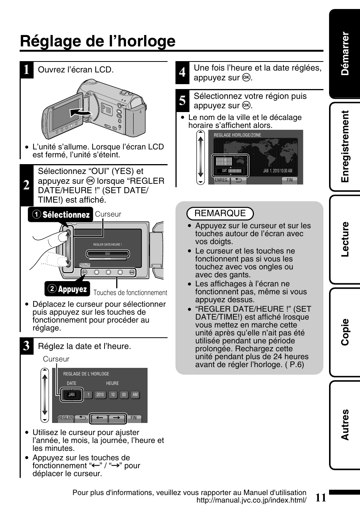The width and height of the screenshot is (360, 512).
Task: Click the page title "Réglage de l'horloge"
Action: click(98, 41)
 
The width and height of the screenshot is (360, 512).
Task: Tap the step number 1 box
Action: click(26, 70)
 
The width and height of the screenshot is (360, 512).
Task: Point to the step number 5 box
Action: click(182, 101)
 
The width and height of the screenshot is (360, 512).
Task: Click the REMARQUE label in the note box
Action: click(220, 214)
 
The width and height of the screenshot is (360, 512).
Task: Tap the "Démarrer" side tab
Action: click(345, 54)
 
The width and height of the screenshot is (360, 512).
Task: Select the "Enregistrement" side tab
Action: click(345, 146)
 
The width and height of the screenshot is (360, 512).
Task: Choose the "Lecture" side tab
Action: click(345, 239)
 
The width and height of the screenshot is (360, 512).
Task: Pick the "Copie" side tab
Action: click(345, 332)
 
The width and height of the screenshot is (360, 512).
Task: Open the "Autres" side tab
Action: click(345, 425)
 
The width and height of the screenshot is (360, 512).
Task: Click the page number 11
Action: click(320, 498)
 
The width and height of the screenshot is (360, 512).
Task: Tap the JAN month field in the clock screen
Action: click(72, 395)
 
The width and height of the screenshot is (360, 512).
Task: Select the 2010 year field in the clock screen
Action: click(100, 395)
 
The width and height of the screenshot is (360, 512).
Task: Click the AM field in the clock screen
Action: click(135, 395)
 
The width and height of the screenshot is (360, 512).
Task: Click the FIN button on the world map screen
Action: click(290, 180)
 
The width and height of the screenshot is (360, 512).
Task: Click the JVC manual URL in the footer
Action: click(251, 500)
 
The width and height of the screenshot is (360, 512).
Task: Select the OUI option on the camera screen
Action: click(108, 254)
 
